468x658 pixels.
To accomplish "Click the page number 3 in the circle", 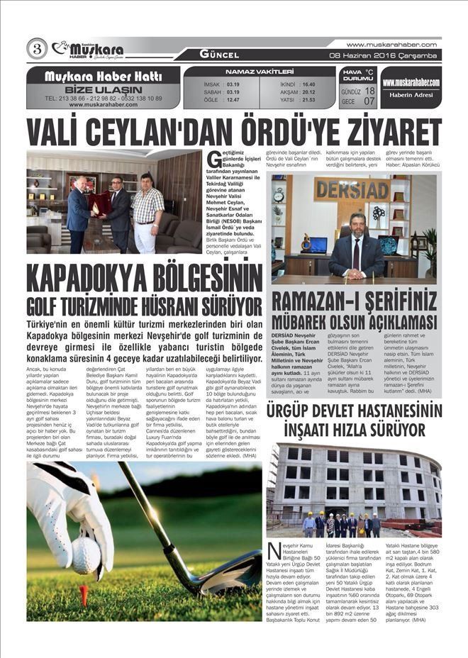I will click(37, 48).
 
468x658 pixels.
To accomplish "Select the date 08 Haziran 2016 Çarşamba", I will click(386, 55).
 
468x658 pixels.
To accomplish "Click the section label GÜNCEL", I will click(219, 55).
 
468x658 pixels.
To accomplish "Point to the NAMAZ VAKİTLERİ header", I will click(260, 72).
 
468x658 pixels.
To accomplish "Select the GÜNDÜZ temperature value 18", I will click(369, 91).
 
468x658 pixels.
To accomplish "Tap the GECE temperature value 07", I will click(369, 101).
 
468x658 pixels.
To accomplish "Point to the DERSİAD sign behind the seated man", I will click(352, 190).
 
